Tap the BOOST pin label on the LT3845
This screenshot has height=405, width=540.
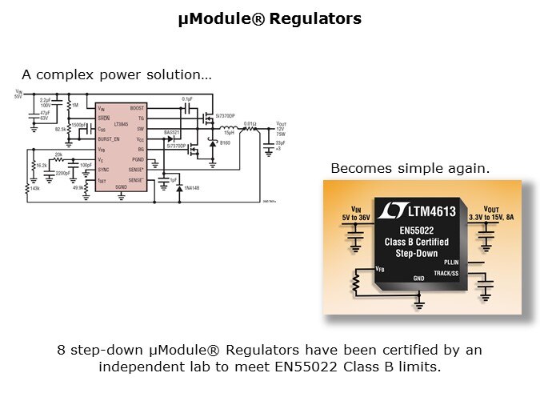[x=137, y=107]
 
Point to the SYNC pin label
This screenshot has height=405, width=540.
[x=102, y=170]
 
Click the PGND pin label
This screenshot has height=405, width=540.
[x=137, y=160]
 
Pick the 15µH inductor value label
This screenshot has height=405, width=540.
[x=228, y=134]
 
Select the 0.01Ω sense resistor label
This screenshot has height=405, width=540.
[x=250, y=124]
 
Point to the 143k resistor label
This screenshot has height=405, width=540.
[x=34, y=189]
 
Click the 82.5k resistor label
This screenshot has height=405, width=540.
[x=61, y=129]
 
